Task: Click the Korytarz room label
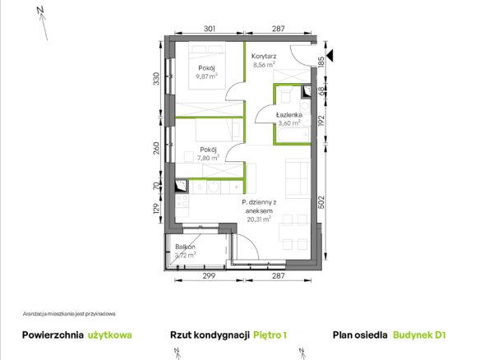[264, 56]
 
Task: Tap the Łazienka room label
[289, 115]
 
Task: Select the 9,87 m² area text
[207, 76]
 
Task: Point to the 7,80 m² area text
[208, 158]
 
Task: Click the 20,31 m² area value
[259, 219]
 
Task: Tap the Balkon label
[185, 247]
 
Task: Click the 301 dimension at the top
[210, 29]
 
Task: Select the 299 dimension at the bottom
[209, 276]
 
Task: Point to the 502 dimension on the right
[321, 202]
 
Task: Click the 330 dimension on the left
[156, 79]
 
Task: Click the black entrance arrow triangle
[330, 55]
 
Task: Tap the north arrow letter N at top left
[40, 10]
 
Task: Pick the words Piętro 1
[270, 335]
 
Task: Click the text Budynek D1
[419, 335]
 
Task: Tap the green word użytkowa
[110, 335]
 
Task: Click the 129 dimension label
[156, 209]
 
